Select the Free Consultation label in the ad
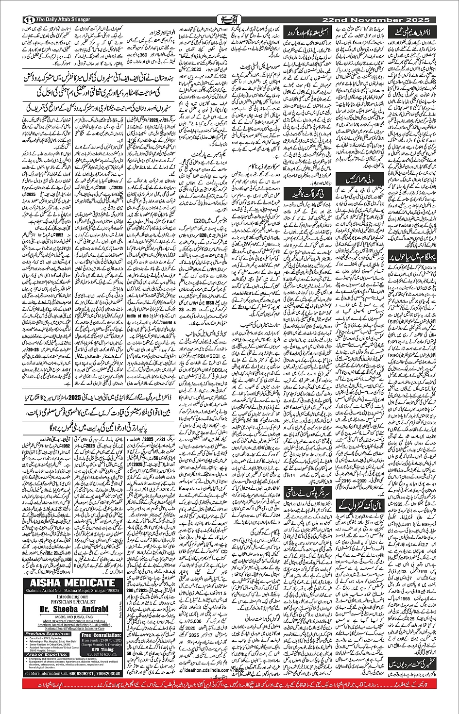(100, 635)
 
